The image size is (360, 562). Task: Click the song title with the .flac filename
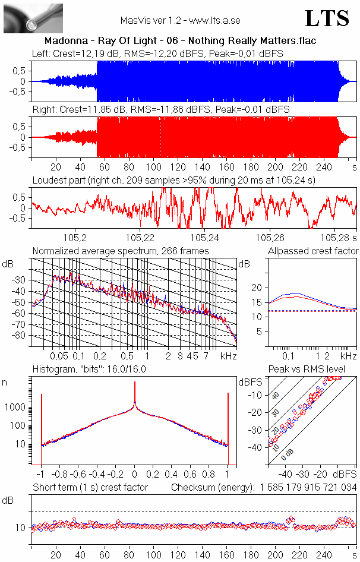point(180,41)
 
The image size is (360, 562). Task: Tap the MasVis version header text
point(180,20)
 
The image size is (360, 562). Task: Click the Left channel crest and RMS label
point(157,53)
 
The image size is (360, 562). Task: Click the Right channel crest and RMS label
point(160,110)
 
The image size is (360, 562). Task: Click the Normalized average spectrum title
point(121,251)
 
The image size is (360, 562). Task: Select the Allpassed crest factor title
point(313,251)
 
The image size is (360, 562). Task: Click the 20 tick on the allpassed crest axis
point(257,288)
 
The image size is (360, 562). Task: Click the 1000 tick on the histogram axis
point(17,408)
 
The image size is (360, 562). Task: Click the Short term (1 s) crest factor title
point(90,488)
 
